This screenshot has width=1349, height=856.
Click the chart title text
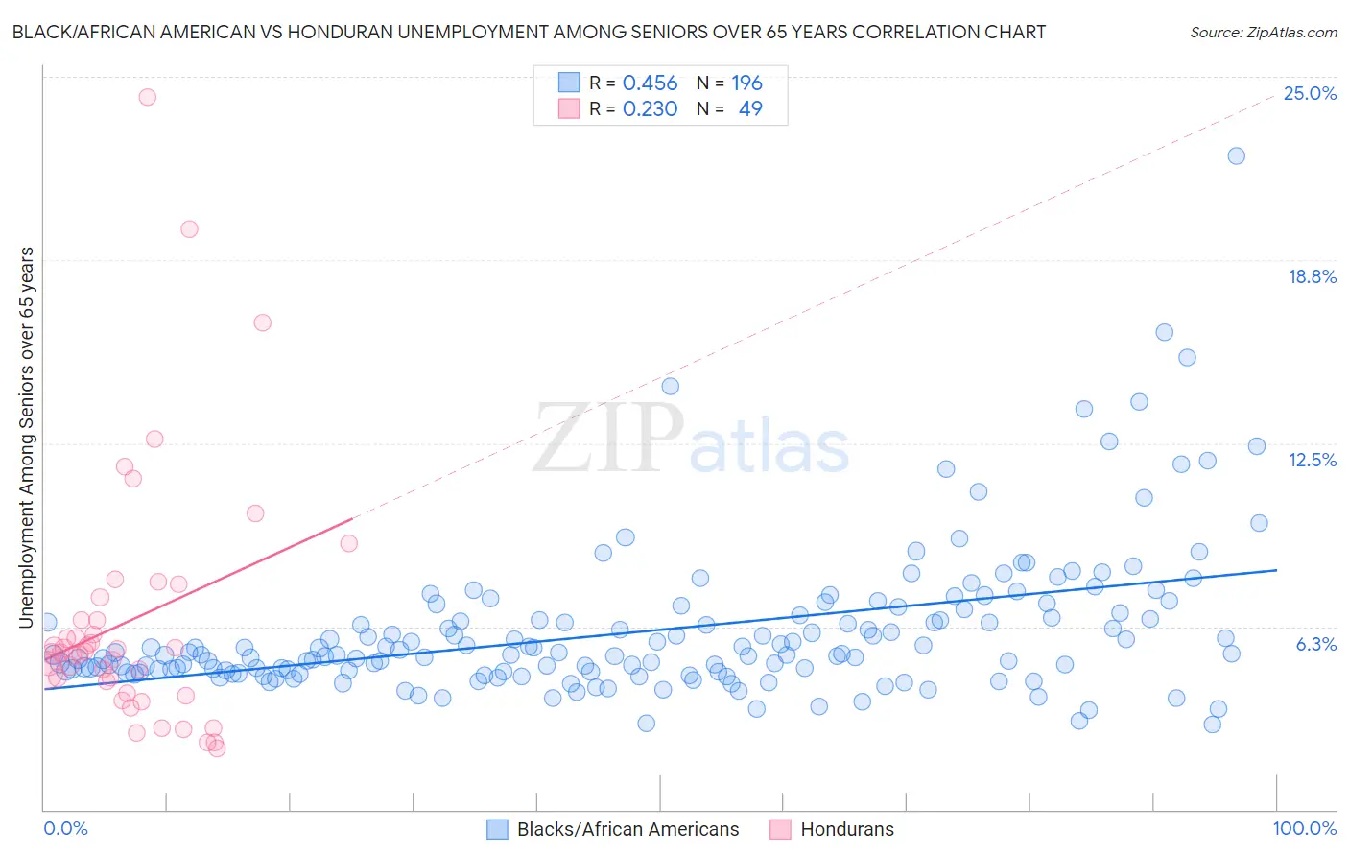[529, 32]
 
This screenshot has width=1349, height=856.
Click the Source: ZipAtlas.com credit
[1263, 32]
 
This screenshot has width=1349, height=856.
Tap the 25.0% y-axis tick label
[1310, 93]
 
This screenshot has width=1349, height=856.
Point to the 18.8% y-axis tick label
[1312, 276]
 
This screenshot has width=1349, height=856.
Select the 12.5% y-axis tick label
[1312, 460]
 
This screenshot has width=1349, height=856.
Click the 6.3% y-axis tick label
[1315, 644]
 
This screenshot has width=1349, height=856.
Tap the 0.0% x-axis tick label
[65, 828]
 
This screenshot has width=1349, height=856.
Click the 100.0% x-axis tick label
[1304, 828]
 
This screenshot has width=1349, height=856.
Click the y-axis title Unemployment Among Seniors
[26, 438]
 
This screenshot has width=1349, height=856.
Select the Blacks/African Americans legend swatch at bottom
[497, 829]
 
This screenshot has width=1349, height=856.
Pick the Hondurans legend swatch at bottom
[780, 829]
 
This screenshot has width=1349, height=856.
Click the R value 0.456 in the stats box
[650, 83]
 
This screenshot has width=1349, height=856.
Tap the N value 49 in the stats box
[750, 109]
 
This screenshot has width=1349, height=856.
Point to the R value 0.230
[650, 109]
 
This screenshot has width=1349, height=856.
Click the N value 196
[746, 83]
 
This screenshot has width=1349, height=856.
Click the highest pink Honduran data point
[147, 97]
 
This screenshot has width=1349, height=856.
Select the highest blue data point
[1236, 155]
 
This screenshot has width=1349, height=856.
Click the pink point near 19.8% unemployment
[189, 229]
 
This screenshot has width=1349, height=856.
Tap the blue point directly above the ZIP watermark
[670, 386]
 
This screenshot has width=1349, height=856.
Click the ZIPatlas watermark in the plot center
[691, 440]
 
